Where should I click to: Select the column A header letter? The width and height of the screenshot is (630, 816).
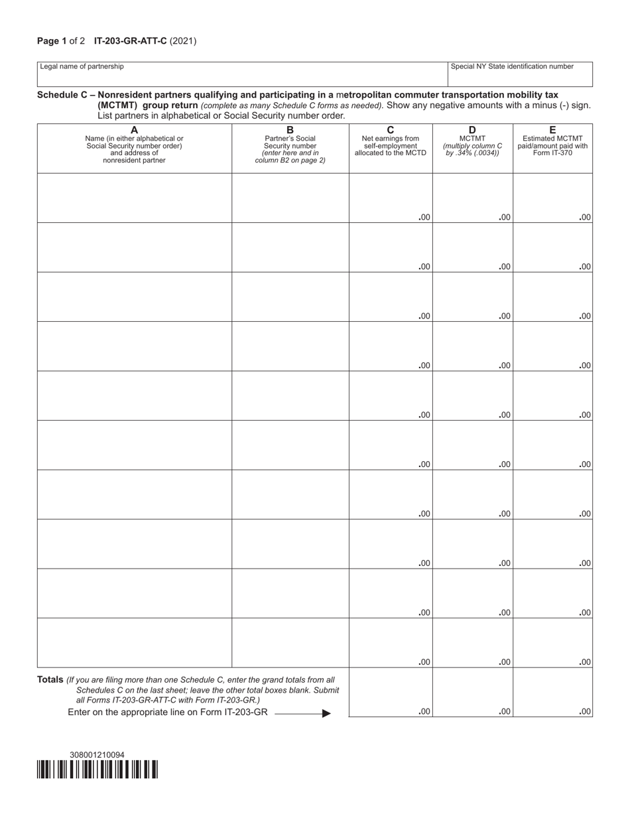(135, 130)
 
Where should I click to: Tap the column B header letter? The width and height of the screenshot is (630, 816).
(290, 130)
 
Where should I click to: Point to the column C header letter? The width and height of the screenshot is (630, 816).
(391, 130)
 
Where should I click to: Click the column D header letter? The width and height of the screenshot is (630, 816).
(472, 130)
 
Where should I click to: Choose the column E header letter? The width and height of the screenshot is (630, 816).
(552, 130)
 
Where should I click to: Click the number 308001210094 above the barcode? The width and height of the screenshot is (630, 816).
(97, 755)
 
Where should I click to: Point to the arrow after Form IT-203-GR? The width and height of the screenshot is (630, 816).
(326, 713)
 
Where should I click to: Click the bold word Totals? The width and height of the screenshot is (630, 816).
(50, 680)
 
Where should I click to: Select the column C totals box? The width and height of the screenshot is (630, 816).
(391, 693)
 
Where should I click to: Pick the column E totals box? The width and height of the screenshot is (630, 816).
(552, 693)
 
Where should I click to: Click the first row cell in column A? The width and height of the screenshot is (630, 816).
(135, 198)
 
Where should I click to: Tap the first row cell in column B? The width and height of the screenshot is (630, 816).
(290, 198)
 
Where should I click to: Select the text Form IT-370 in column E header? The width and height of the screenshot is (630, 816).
(552, 153)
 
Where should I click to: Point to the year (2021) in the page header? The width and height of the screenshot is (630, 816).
(183, 41)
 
